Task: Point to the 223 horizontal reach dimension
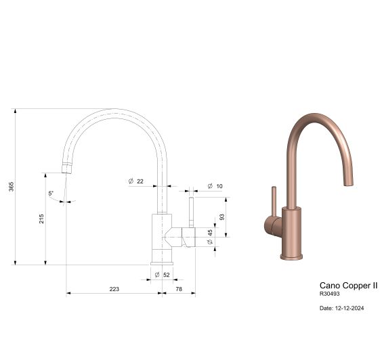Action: pyautogui.click(x=114, y=289)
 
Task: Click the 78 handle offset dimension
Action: pyautogui.click(x=179, y=289)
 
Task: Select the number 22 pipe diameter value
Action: pyautogui.click(x=140, y=181)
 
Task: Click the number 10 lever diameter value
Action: pyautogui.click(x=219, y=185)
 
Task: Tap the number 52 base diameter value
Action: pyautogui.click(x=167, y=275)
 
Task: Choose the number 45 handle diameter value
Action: pyautogui.click(x=210, y=232)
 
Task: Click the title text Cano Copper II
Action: pyautogui.click(x=348, y=286)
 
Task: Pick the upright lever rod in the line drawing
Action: pyautogui.click(x=191, y=211)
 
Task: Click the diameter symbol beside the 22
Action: pyautogui.click(x=129, y=181)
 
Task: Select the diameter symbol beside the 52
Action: pyautogui.click(x=156, y=275)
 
